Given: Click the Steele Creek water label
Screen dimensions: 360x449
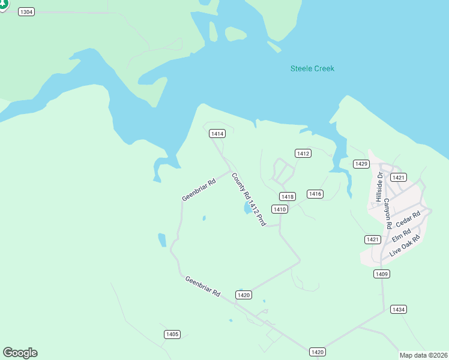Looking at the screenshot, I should pos(312,68).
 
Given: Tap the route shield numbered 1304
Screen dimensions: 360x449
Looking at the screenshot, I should pos(26,12).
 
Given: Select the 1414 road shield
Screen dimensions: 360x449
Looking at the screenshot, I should pos(217,134).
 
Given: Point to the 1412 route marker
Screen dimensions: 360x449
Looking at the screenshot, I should pos(303,154).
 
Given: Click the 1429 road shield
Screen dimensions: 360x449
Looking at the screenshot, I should pos(361,164).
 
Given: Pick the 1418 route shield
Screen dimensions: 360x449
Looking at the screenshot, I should pos(288,197).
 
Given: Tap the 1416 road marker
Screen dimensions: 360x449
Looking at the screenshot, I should pos(315,194).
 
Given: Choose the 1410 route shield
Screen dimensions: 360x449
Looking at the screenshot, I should pos(279,209).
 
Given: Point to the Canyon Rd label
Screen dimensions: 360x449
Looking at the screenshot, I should pos(388,213).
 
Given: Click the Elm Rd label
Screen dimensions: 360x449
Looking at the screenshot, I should pos(401,235).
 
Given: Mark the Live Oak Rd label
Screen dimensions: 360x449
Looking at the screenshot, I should pos(404,247).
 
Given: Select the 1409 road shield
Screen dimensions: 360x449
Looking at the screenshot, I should pos(382,274).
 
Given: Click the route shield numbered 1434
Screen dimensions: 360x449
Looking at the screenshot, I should pos(398,310).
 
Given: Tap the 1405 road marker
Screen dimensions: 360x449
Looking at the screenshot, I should pos(172,334).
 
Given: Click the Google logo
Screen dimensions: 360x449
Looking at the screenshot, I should pos(20,353).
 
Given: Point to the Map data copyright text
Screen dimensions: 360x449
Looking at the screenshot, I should pos(423,355).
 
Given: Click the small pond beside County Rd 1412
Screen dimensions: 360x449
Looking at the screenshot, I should pos(247,209).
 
